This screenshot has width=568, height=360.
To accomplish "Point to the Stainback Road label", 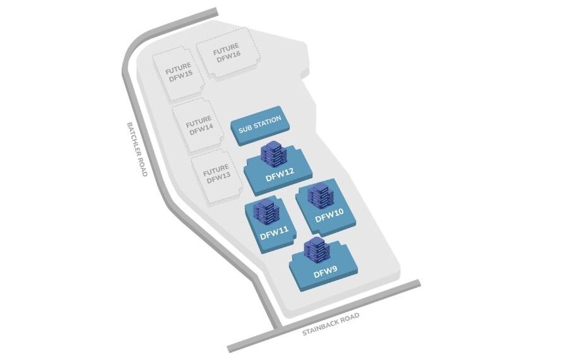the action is pyautogui.click(x=330, y=323).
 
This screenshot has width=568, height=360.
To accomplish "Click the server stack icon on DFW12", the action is pyautogui.click(x=273, y=153).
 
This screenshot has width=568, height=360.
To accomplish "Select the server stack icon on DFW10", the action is pyautogui.click(x=321, y=196).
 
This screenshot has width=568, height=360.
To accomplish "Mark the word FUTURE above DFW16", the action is pyautogui.click(x=226, y=49).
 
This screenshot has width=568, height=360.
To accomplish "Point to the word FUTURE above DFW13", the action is pyautogui.click(x=216, y=170).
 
